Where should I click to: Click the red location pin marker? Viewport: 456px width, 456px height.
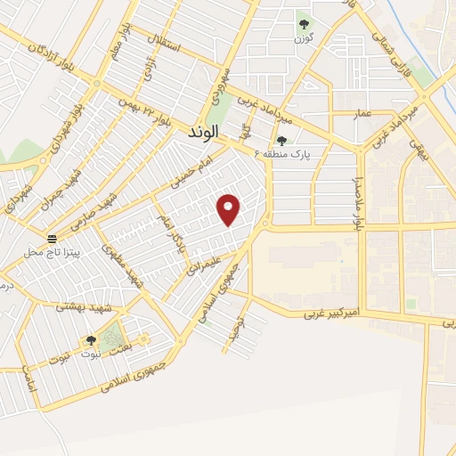[229, 209]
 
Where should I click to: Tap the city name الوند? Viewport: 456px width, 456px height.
[204, 133]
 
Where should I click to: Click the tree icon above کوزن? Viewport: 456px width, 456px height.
[304, 24]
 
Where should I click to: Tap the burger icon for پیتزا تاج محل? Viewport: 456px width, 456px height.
[53, 239]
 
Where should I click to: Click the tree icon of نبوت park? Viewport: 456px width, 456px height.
[91, 341]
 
